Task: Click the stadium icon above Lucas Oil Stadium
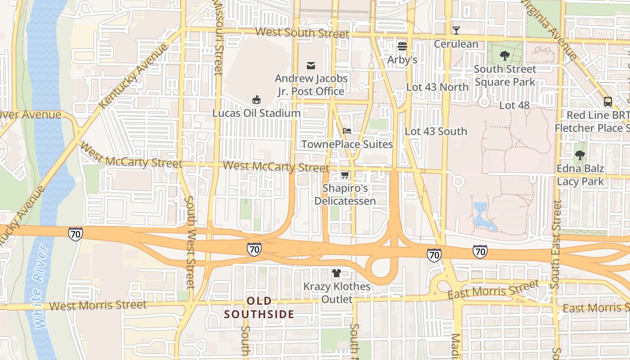(x=256, y=99)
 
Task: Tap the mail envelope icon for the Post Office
(x=311, y=66)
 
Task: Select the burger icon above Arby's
(x=402, y=46)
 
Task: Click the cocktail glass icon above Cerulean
(x=456, y=31)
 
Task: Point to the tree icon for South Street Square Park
(x=505, y=56)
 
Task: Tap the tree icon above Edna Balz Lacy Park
(x=580, y=156)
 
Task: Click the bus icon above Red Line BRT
(x=608, y=102)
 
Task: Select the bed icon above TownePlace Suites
(x=347, y=131)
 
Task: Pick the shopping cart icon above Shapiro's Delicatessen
(x=345, y=175)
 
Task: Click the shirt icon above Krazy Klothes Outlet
(x=336, y=273)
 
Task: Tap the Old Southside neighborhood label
(x=259, y=307)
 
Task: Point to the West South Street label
(x=302, y=33)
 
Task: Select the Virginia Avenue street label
(x=549, y=29)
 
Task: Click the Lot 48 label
(x=514, y=105)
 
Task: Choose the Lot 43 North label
(x=437, y=87)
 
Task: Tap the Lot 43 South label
(x=436, y=131)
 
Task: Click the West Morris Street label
(x=98, y=306)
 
